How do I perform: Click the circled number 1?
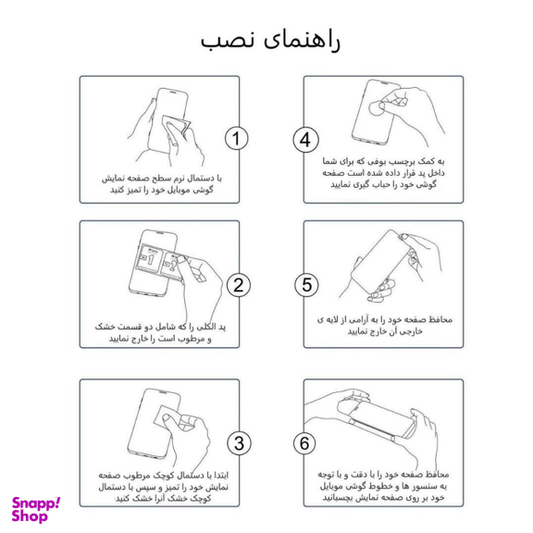(x=238, y=139)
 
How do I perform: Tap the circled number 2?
(x=238, y=285)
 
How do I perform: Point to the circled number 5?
(x=305, y=285)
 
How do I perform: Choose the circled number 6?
(x=305, y=441)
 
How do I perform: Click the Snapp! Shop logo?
(x=37, y=508)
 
